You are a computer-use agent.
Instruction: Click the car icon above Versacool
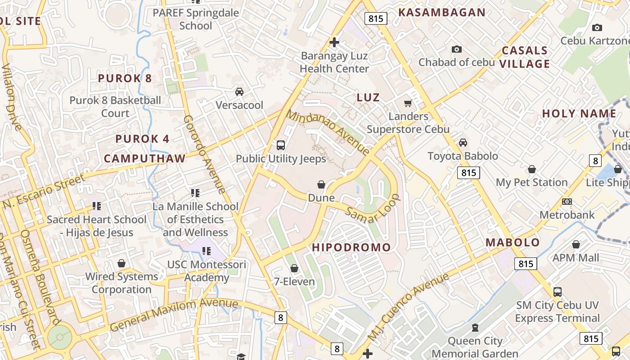pyautogui.click(x=239, y=92)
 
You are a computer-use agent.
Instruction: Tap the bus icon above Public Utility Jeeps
pyautogui.click(x=280, y=145)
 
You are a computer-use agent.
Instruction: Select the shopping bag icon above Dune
pyautogui.click(x=321, y=184)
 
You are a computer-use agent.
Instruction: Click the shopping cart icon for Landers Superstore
pyautogui.click(x=408, y=103)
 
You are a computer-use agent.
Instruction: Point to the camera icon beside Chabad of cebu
pyautogui.click(x=457, y=49)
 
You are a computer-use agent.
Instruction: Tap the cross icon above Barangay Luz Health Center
pyautogui.click(x=334, y=43)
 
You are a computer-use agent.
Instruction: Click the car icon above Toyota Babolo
pyautogui.click(x=463, y=143)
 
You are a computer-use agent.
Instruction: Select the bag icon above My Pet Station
pyautogui.click(x=531, y=169)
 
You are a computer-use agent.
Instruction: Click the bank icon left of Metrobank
pyautogui.click(x=567, y=202)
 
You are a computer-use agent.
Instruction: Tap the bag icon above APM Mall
pyautogui.click(x=576, y=244)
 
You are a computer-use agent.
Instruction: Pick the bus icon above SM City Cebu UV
pyautogui.click(x=557, y=292)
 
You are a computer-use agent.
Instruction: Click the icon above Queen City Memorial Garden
pyautogui.click(x=475, y=327)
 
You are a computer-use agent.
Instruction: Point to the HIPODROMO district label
pyautogui.click(x=351, y=247)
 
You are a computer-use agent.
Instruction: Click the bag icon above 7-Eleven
pyautogui.click(x=294, y=268)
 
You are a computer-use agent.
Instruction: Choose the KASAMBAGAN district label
pyautogui.click(x=441, y=13)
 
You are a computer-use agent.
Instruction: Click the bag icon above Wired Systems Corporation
pyautogui.click(x=121, y=263)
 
